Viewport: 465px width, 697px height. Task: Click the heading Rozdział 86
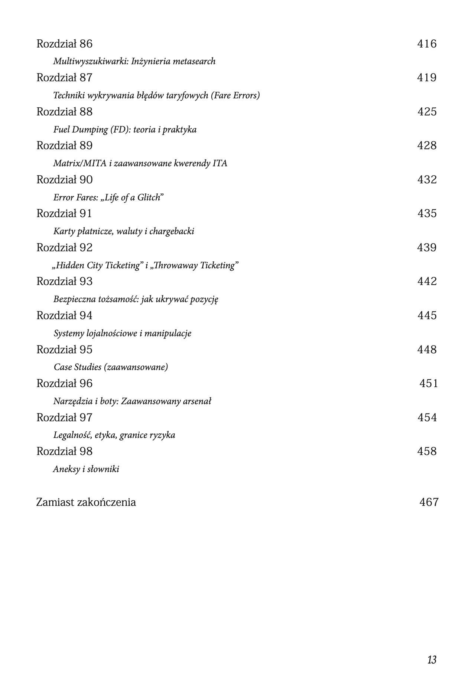tap(64, 44)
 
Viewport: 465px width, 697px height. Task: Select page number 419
tap(427, 78)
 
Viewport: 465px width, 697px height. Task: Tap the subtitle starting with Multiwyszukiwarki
tap(134, 61)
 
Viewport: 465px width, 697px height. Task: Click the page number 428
tap(427, 145)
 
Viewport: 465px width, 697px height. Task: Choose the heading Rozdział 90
tap(64, 180)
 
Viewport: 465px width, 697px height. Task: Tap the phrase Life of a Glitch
tap(132, 197)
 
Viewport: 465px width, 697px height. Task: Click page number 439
tap(427, 248)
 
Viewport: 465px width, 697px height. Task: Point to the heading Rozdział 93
tap(64, 281)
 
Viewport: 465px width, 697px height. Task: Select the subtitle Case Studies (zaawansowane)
tap(111, 367)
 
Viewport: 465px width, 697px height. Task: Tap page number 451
tap(429, 383)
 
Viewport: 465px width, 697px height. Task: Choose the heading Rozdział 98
tap(64, 451)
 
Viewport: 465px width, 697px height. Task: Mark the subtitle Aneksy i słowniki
tap(86, 469)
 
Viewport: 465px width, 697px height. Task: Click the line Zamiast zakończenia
tap(86, 502)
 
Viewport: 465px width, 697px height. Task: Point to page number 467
tap(429, 502)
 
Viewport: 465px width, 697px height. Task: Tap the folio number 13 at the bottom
tap(432, 660)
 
